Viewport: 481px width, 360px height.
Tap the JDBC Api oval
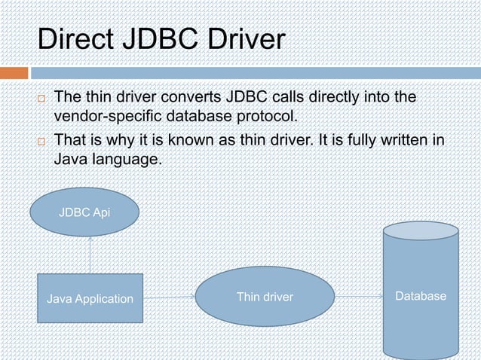pos(84,212)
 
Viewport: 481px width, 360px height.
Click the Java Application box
pos(90,299)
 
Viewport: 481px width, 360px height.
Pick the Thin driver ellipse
pos(265,297)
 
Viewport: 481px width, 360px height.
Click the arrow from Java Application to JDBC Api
pos(90,255)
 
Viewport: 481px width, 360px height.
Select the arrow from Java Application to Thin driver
pos(169,297)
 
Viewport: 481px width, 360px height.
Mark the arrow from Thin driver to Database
pos(358,297)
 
